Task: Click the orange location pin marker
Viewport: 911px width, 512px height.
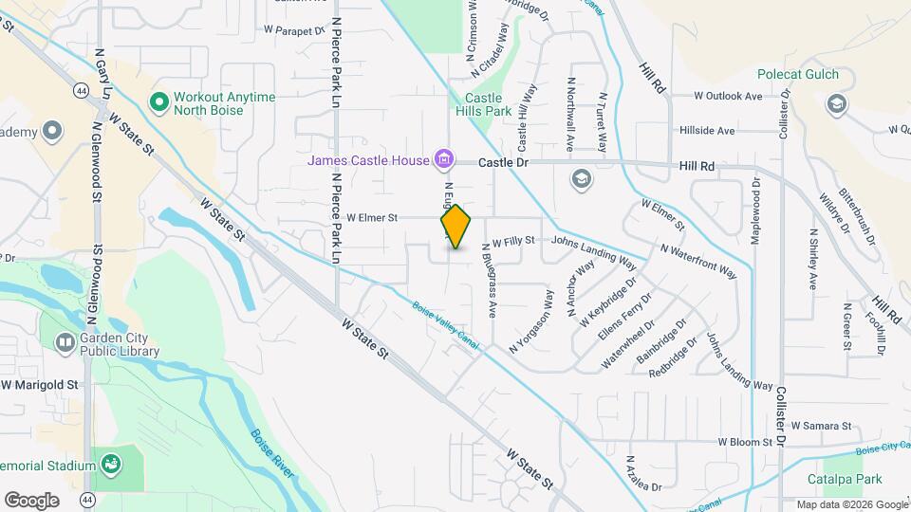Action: pos(456,227)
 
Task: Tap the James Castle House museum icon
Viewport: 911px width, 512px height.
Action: pos(443,159)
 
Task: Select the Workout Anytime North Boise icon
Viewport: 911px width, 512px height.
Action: pos(159,101)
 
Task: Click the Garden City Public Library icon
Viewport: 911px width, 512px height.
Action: pos(65,342)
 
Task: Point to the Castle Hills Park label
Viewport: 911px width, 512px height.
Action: pos(489,104)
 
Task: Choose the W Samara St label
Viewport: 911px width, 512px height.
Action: pos(821,426)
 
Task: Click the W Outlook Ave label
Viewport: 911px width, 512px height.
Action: pos(728,96)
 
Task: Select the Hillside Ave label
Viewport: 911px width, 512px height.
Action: pos(706,130)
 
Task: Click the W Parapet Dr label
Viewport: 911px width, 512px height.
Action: pos(295,30)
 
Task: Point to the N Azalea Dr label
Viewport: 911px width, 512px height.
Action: pos(641,473)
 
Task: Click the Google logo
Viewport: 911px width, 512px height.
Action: pos(32,499)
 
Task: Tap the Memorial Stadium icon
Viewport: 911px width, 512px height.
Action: pos(112,465)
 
